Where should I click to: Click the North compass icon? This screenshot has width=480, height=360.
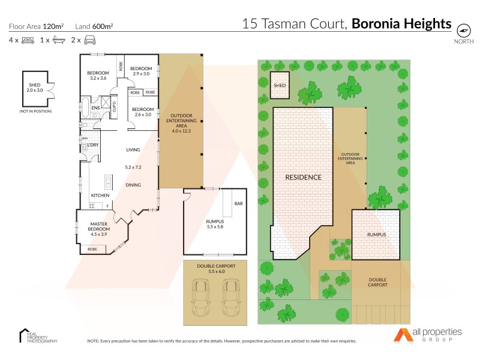[463, 30]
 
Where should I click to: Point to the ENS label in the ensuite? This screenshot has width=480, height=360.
[95, 109]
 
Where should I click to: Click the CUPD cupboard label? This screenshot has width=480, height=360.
[114, 107]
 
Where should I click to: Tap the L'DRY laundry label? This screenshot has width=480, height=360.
[93, 146]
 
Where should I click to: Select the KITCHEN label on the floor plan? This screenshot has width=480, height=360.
[100, 196]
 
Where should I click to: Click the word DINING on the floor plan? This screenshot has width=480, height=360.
[133, 185]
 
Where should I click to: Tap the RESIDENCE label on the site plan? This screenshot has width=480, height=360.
[303, 177]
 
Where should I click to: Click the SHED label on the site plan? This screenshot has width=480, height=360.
[280, 86]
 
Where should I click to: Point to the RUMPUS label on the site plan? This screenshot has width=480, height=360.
[376, 234]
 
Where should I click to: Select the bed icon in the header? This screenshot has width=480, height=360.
[27, 40]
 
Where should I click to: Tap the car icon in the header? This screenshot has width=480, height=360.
[90, 40]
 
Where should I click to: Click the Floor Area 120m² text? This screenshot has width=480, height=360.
[37, 26]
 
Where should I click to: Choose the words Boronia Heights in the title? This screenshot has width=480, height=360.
[401, 24]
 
